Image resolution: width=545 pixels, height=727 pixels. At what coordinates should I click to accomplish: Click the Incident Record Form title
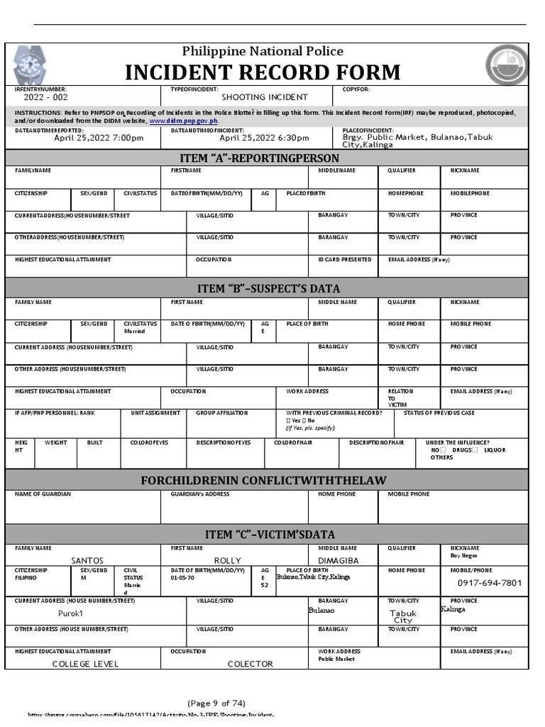pos(263,72)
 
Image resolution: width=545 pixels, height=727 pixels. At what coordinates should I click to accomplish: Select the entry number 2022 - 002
pos(46,97)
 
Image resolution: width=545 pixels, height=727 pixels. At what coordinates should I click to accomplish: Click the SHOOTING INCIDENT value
pos(265,97)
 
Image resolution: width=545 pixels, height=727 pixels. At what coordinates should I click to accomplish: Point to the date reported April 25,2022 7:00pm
pos(99,138)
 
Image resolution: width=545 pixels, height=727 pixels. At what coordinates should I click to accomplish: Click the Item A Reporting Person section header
pos(268,157)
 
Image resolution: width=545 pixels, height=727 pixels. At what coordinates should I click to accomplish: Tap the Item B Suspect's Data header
pos(268,288)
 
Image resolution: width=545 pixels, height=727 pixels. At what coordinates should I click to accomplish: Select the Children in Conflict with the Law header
pos(263,481)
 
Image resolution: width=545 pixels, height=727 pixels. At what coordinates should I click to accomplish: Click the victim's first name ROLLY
pos(228,560)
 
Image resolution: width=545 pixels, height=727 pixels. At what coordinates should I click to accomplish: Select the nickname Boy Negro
pos(465,556)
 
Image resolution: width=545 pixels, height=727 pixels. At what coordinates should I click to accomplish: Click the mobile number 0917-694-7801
pos(489,583)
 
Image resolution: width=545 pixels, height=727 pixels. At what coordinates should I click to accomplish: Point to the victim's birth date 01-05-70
pos(182,578)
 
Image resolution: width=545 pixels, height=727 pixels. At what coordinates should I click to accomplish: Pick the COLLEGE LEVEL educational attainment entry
pos(85,664)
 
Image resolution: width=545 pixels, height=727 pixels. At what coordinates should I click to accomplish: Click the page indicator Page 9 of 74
pos(216,704)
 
